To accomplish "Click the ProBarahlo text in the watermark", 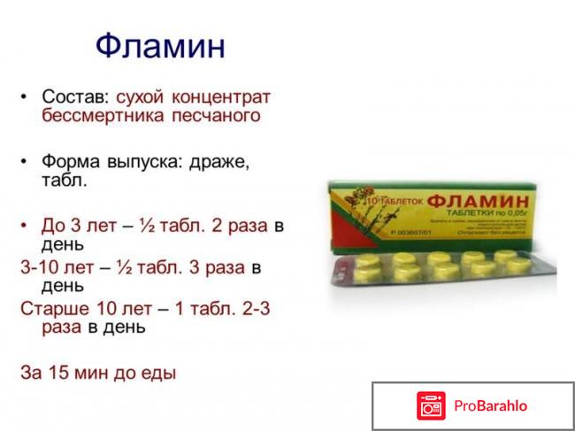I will click(x=492, y=406).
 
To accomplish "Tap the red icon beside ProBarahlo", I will click(x=431, y=406).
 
